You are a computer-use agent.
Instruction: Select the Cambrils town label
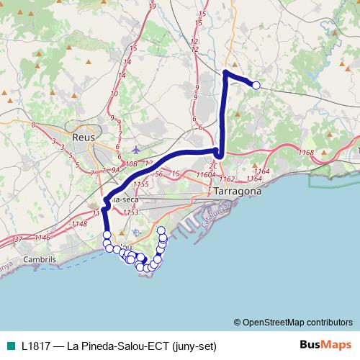click(x=40, y=259)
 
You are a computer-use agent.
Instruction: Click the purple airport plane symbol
click(x=137, y=150)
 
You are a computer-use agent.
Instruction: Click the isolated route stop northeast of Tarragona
click(x=256, y=85)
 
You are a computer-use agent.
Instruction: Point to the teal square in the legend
click(x=9, y=346)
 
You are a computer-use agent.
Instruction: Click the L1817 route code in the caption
click(x=35, y=346)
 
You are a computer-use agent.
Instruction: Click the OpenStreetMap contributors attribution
click(x=297, y=323)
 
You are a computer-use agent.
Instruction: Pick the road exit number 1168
click(x=305, y=153)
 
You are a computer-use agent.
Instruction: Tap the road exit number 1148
click(x=79, y=224)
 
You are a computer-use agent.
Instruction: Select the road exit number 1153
click(x=130, y=212)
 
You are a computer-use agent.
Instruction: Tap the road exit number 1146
click(x=42, y=237)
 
